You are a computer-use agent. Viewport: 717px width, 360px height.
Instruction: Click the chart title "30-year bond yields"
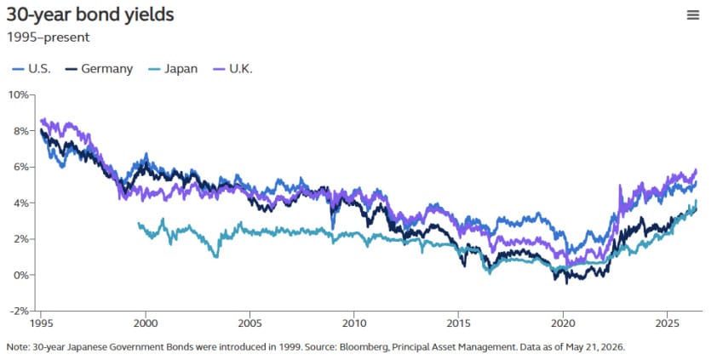[90, 14]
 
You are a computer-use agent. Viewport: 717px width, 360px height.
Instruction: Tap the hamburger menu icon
[693, 15]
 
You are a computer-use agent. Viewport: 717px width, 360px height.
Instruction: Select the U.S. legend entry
[32, 69]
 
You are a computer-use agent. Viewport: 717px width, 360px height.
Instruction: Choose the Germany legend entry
[99, 69]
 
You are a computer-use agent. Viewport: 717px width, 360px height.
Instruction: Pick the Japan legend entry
[173, 69]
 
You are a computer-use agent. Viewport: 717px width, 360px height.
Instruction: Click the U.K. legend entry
[232, 69]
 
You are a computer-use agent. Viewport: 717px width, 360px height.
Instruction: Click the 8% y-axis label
[21, 131]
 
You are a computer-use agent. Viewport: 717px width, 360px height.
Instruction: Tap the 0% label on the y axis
[21, 275]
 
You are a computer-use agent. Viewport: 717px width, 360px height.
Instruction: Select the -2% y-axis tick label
[20, 311]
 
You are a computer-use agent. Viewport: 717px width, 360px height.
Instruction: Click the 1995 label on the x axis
[42, 323]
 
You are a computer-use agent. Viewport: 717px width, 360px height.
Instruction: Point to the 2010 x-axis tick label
[354, 323]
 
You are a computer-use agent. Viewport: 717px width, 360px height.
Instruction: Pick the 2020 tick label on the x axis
[563, 323]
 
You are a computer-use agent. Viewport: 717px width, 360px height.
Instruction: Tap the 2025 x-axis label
[667, 323]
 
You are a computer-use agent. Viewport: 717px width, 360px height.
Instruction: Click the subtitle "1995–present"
[48, 37]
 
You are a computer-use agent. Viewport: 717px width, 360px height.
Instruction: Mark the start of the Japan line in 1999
[138, 223]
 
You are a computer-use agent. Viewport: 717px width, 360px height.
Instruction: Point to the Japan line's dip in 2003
[216, 257]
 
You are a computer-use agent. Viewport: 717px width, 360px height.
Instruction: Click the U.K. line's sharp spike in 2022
[620, 186]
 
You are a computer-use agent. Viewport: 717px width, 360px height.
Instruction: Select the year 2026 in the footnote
[614, 347]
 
